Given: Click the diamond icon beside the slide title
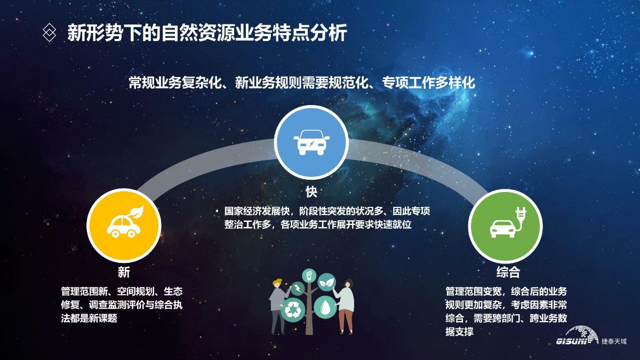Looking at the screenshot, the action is (49, 33).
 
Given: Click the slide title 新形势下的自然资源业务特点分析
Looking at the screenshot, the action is (207, 33).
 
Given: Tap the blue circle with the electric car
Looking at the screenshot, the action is (311, 142).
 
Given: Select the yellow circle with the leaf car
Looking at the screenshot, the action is (124, 226).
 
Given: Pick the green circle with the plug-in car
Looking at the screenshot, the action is (505, 226).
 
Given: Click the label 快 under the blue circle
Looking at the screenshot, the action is (311, 192).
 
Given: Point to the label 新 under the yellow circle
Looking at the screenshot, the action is (124, 272).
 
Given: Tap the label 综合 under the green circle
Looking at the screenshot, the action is (508, 272).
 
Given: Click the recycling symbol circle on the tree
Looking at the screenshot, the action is (293, 310).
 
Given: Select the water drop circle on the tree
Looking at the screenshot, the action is (325, 307).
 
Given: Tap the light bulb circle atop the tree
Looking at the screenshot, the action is (309, 276).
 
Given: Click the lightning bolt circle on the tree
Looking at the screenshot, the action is (297, 288).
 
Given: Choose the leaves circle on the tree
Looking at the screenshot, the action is (326, 282).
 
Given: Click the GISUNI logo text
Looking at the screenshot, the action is (571, 341).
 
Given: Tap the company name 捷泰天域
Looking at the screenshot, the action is (614, 341).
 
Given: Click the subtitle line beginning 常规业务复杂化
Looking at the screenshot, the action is (302, 83).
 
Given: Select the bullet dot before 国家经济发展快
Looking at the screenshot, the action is (217, 211).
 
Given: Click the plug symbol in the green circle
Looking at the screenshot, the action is (521, 215).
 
